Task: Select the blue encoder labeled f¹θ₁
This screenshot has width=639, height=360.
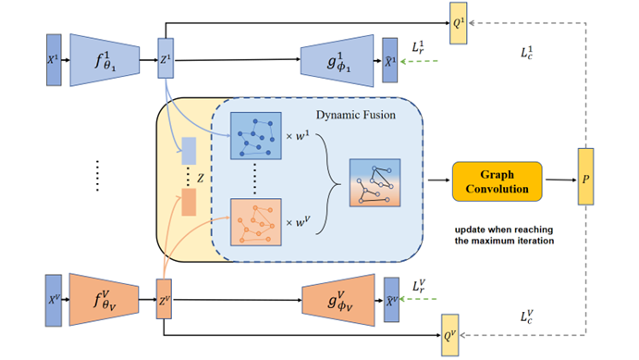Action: coord(104,61)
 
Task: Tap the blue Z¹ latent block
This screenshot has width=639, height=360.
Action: coord(166,61)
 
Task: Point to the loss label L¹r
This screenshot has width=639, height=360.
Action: coord(419,44)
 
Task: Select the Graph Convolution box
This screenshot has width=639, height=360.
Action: coord(497,181)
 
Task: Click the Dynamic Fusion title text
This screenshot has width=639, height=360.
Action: coord(355,114)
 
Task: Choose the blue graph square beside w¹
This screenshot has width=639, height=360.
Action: coord(254,137)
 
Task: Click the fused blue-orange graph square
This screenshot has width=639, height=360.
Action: coord(375,181)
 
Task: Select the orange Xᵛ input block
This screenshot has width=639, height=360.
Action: coord(53,299)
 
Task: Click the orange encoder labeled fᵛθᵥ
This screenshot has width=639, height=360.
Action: coord(104,299)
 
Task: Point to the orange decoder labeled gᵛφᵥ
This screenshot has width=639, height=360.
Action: coord(338,299)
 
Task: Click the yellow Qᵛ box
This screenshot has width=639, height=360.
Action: coord(450,325)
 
